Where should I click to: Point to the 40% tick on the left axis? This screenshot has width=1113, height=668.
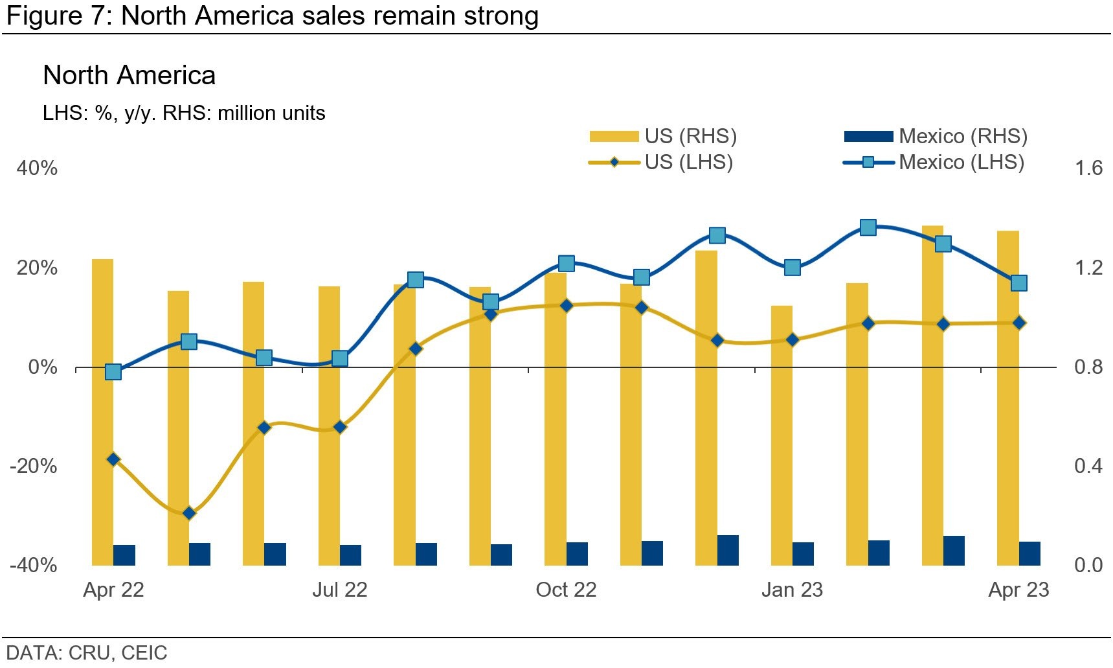(37, 168)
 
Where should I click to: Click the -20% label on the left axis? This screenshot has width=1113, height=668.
(34, 466)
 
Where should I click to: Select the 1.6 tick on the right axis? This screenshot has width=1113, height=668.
(1088, 168)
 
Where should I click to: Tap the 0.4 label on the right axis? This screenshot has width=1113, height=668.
(1088, 466)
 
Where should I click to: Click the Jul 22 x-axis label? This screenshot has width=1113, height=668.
(339, 590)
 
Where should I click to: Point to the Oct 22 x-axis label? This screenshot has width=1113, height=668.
(566, 590)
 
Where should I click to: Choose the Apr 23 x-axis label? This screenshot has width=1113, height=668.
(1018, 590)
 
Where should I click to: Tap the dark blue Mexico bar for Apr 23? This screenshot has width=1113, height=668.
(1029, 553)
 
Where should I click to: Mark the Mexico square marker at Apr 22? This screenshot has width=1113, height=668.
(113, 372)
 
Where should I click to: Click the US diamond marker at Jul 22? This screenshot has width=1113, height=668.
(340, 427)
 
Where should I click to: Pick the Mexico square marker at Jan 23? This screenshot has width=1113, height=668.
(792, 268)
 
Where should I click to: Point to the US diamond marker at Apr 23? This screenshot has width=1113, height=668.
(1018, 323)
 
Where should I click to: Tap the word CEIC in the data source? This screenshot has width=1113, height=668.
(144, 652)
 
